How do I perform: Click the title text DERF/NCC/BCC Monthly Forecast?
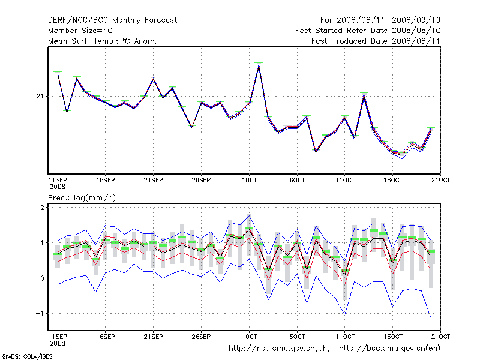click(x=112, y=20)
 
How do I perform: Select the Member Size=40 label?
click(x=80, y=30)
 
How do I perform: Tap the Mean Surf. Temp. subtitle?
click(x=102, y=41)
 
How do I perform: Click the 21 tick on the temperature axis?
click(x=41, y=96)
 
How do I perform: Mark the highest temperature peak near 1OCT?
click(x=259, y=63)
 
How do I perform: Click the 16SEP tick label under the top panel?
click(x=105, y=180)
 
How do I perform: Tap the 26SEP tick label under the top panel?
click(x=201, y=180)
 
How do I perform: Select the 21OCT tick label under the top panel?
click(x=441, y=180)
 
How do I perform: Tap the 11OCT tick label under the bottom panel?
click(x=345, y=336)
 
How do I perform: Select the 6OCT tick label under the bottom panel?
click(x=297, y=336)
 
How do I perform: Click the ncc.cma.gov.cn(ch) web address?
click(x=280, y=347)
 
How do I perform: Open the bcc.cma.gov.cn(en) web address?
click(x=390, y=347)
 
